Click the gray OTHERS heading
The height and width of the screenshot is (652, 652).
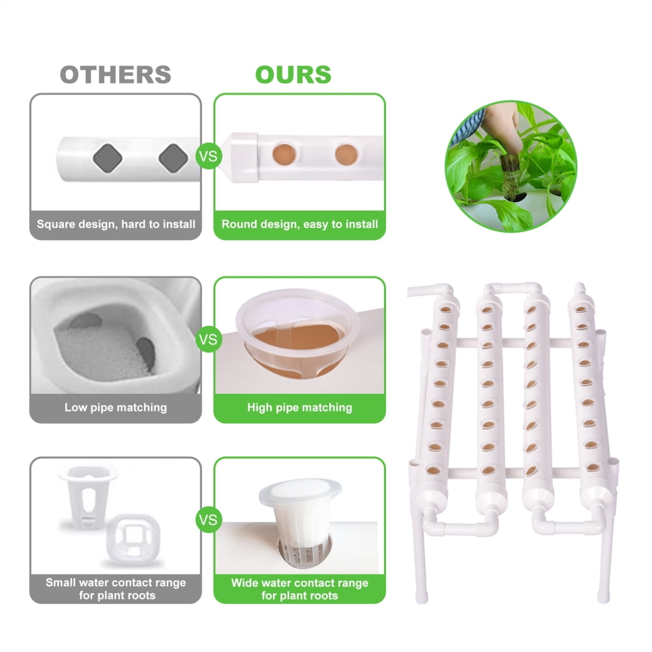click(x=115, y=74)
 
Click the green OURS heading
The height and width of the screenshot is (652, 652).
click(x=293, y=74)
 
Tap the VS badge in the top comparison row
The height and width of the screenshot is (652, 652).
click(x=208, y=156)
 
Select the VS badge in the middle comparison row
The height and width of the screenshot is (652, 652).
click(x=208, y=339)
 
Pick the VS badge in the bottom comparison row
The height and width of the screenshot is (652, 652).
click(x=208, y=520)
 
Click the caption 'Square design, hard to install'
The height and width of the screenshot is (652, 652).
click(x=115, y=224)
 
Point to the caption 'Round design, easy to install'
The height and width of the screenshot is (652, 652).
click(x=299, y=224)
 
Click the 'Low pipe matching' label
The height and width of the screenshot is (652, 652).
click(x=115, y=407)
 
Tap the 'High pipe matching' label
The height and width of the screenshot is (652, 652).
click(x=299, y=407)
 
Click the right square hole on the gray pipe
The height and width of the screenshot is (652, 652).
click(x=172, y=156)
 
